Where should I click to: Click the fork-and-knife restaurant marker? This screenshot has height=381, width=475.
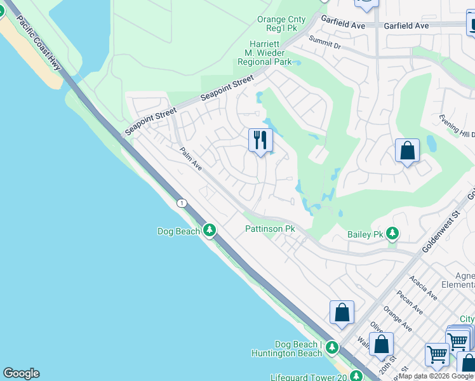[x=260, y=140]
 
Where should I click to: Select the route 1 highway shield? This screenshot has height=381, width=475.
[x=182, y=203]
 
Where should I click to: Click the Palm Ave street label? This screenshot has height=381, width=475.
[x=190, y=159]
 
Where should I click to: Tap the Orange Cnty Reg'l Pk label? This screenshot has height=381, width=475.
[x=281, y=24]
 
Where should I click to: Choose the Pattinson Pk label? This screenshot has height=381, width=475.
[x=271, y=229]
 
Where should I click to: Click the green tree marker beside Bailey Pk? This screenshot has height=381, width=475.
[x=393, y=234]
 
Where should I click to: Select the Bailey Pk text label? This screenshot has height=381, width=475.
[x=366, y=234]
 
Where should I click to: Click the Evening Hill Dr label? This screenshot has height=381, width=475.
[x=457, y=125]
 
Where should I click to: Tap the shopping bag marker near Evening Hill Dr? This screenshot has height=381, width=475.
[x=407, y=151]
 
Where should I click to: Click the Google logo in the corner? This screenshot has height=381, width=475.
[x=21, y=373]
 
